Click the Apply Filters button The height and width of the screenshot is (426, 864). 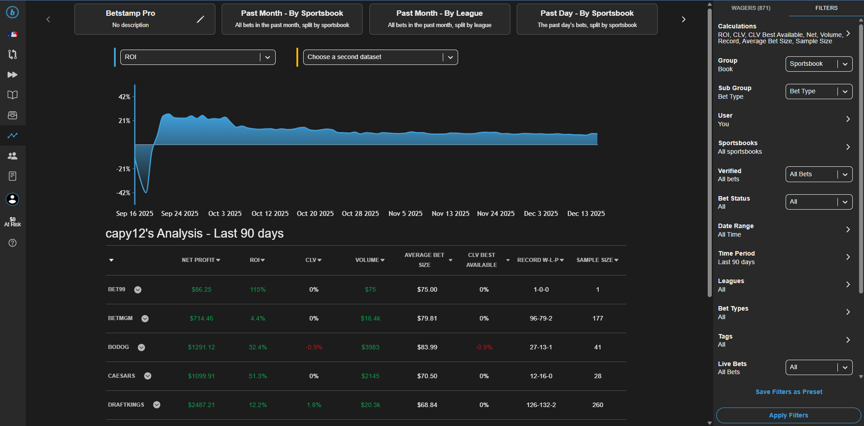tap(788, 415)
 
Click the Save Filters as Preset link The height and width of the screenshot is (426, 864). tap(788, 392)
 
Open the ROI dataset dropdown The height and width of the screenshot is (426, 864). tap(197, 57)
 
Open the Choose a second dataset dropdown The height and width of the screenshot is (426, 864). tap(380, 57)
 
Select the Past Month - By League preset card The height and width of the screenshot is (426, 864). tap(439, 19)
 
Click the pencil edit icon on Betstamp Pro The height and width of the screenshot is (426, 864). tap(200, 19)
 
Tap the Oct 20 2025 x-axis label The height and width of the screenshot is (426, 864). tap(315, 214)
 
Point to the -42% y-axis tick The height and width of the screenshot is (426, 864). tap(123, 193)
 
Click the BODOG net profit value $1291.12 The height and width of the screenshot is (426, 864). tap(201, 347)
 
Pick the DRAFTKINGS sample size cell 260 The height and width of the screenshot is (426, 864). tap(597, 405)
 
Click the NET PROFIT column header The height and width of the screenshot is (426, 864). tap(200, 260)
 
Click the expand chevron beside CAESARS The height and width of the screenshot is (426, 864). tap(148, 376)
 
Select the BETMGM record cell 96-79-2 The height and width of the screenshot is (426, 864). tap(541, 318)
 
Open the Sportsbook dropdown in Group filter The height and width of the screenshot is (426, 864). tap(819, 64)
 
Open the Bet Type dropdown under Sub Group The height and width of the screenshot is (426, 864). tap(819, 92)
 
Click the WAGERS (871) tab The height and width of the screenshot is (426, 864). tap(750, 8)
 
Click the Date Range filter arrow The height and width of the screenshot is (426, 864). tap(848, 229)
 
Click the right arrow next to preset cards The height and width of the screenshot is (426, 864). tap(683, 19)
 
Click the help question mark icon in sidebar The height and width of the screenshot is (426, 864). tap(13, 243)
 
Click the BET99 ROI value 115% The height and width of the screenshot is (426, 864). tap(258, 289)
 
